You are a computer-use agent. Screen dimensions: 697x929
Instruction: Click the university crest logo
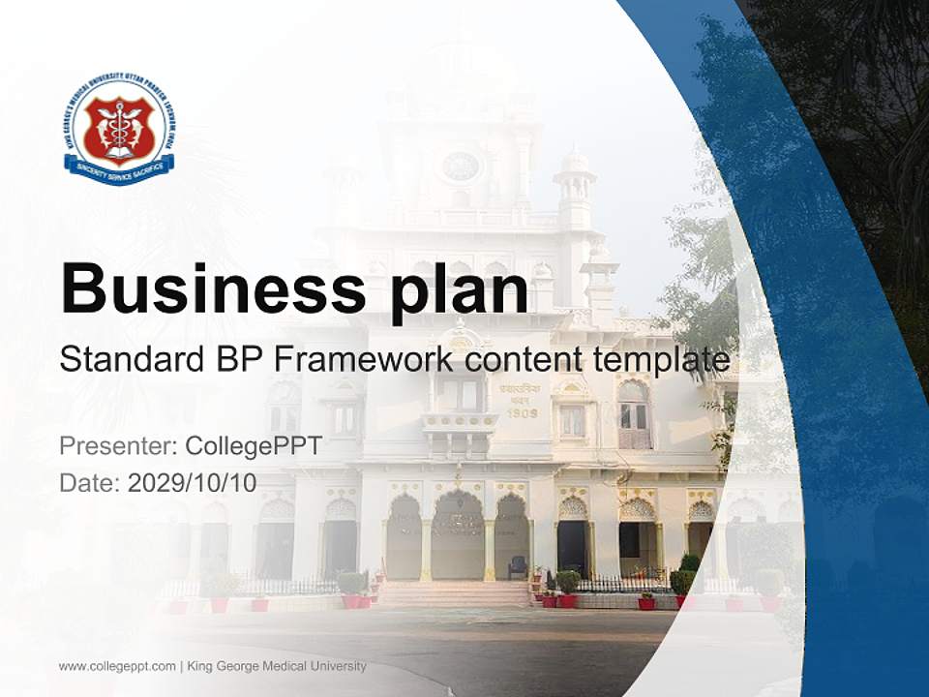pyautogui.click(x=119, y=128)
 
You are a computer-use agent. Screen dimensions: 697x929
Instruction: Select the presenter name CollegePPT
pyautogui.click(x=253, y=446)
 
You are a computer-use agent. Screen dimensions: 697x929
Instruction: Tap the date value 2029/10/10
pyautogui.click(x=193, y=483)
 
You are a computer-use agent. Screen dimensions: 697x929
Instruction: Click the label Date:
pyautogui.click(x=90, y=483)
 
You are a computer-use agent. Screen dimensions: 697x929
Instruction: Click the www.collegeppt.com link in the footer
pyautogui.click(x=117, y=666)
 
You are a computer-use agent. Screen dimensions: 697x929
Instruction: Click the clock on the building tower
pyautogui.click(x=461, y=167)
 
